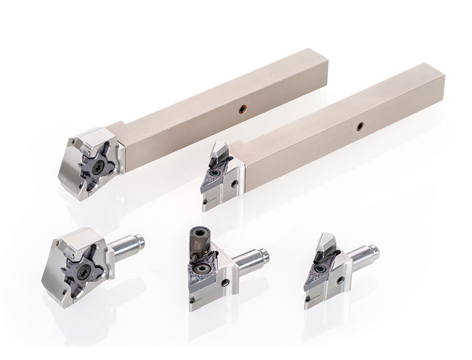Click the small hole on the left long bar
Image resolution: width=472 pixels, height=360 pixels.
[242, 109]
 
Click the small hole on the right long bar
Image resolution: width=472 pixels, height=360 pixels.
[360, 126]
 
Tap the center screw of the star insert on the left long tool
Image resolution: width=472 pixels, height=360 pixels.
[98, 167]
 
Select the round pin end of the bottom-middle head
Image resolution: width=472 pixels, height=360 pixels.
[264, 255]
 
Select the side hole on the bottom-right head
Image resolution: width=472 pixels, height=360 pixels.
[340, 280]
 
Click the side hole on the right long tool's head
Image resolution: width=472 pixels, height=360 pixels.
[235, 184]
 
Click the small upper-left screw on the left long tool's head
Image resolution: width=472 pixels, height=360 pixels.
[73, 141]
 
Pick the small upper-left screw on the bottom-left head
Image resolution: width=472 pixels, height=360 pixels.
[58, 244]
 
